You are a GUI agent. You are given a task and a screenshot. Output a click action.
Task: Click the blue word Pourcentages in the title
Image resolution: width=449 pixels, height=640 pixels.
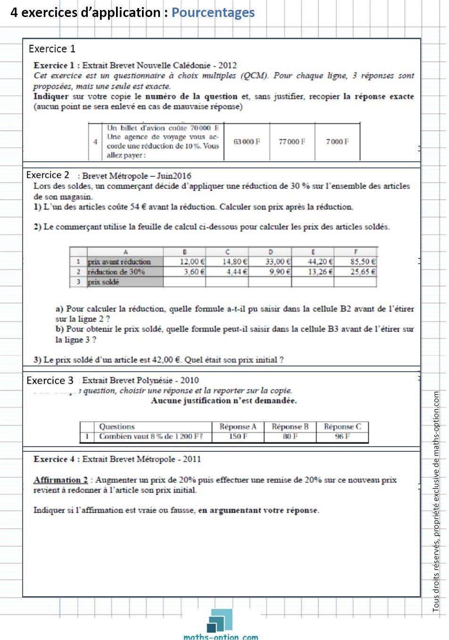[213, 13]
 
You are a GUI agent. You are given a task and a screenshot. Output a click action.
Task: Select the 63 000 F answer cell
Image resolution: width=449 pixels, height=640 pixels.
[247, 141]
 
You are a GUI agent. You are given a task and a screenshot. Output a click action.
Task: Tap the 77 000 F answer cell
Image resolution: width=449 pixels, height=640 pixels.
[292, 141]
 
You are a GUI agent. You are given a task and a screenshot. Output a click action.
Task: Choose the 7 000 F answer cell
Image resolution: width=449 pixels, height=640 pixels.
[337, 141]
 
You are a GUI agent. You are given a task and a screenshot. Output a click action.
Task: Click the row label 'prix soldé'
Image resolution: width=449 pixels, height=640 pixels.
[104, 282]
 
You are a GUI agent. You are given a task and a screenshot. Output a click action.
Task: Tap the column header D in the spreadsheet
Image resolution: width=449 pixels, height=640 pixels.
[270, 252]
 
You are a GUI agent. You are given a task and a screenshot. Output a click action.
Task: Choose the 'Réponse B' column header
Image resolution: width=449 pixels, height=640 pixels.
[290, 426]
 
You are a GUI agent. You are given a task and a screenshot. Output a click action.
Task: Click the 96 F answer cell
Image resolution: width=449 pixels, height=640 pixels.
[342, 437]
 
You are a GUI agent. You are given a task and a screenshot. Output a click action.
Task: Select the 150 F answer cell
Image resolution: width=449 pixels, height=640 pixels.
[238, 437]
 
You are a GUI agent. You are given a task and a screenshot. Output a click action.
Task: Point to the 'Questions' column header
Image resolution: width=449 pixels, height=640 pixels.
[117, 426]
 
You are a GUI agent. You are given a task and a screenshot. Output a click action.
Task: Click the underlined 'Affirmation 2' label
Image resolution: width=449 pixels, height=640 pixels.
[60, 480]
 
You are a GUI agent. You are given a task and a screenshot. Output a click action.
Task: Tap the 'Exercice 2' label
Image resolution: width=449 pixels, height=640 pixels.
[48, 175]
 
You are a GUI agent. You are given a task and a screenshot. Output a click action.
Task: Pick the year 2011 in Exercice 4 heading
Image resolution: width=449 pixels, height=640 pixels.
[192, 459]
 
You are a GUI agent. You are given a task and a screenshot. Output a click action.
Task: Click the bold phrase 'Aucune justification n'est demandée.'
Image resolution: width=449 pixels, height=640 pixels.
[224, 401]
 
